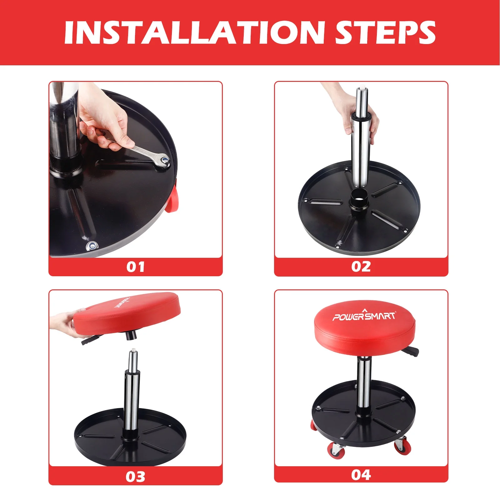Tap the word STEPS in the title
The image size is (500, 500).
(385, 32)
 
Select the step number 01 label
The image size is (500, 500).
(136, 267)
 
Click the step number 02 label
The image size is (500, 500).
(361, 267)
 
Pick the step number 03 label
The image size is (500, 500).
(136, 477)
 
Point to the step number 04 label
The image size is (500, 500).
(361, 475)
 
